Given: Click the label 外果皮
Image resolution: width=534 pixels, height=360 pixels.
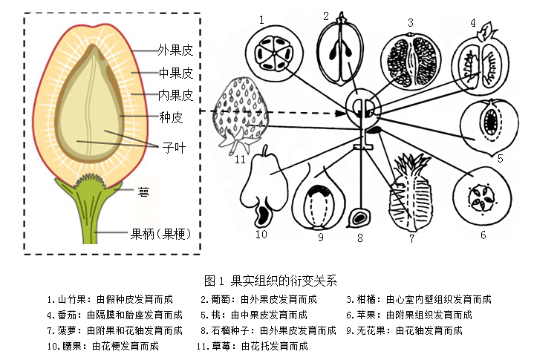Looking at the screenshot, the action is click(x=175, y=51).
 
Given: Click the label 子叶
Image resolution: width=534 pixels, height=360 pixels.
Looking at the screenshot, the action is click(x=174, y=147).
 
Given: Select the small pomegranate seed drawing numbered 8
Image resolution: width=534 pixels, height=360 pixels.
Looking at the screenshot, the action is click(x=360, y=217).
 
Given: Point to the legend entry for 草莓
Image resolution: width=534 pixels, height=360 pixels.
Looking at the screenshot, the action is click(x=253, y=346).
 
